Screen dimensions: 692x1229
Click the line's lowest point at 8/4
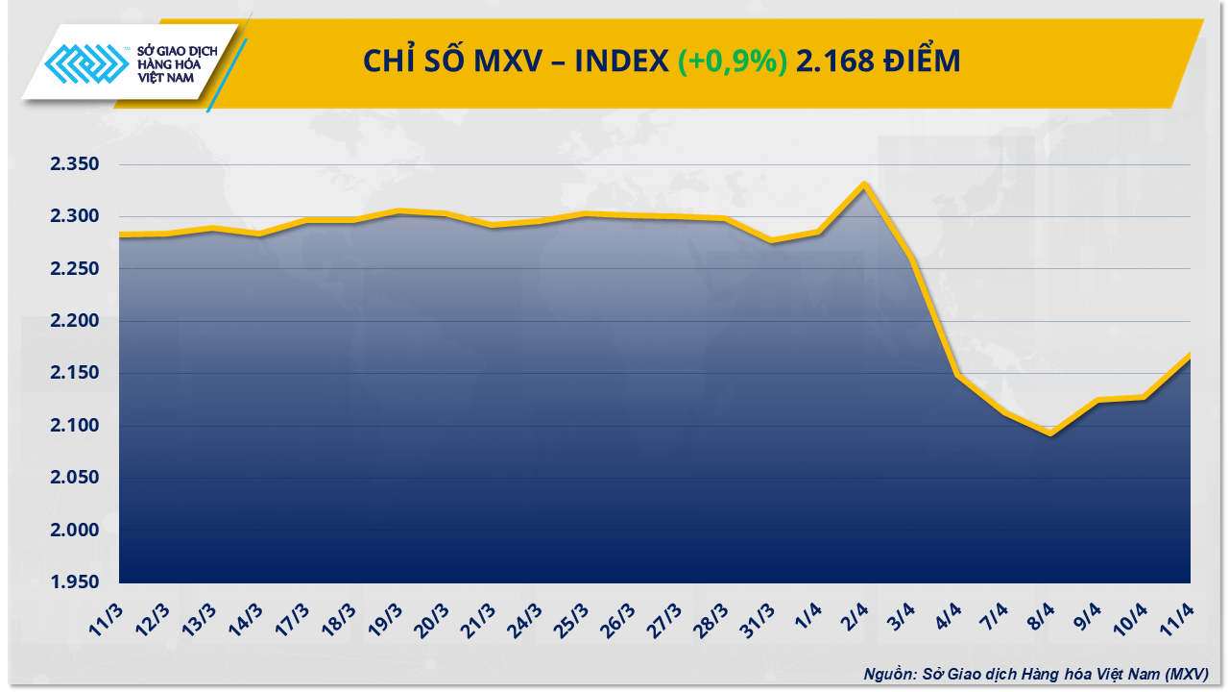tap(1051, 433)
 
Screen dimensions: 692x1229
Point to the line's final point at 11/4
tap(1190, 355)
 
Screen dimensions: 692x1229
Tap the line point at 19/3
tap(399, 210)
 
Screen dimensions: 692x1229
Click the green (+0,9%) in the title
tap(733, 62)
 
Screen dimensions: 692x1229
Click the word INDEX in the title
tap(621, 62)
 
